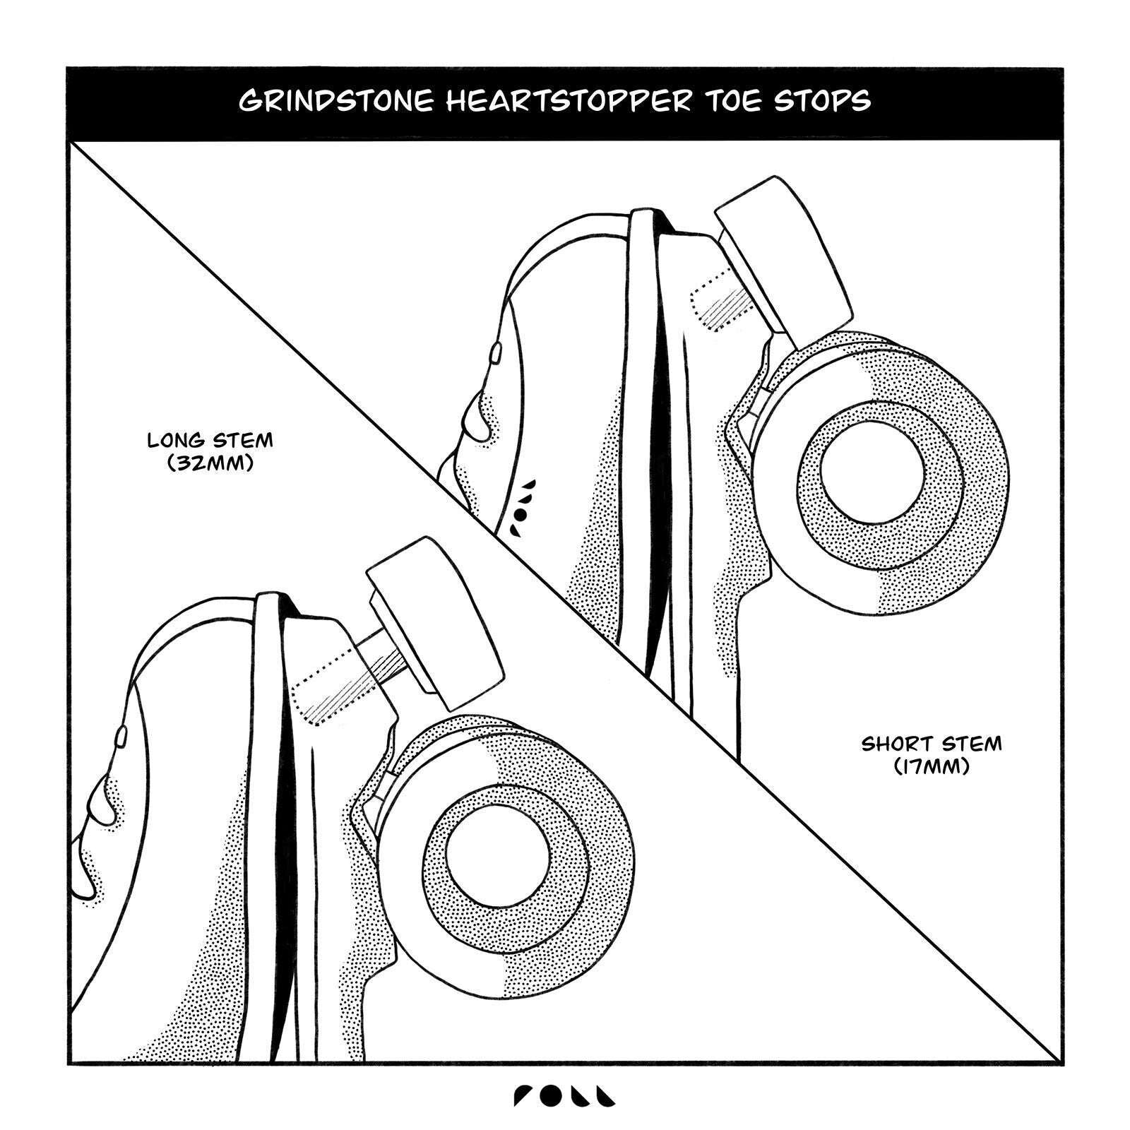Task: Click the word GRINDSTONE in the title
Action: pyautogui.click(x=335, y=101)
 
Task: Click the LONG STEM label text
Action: pyautogui.click(x=210, y=441)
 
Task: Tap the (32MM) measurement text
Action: pyautogui.click(x=210, y=464)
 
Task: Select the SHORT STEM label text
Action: pyautogui.click(x=932, y=744)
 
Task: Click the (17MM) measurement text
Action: pyautogui.click(x=932, y=766)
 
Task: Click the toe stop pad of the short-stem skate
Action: pyautogui.click(x=784, y=261)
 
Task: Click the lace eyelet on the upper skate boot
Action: pyautogui.click(x=496, y=352)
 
